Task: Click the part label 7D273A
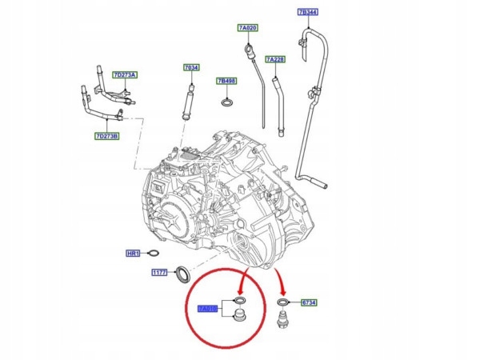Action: tap(125, 75)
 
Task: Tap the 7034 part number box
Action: tap(192, 68)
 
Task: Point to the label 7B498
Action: tap(226, 82)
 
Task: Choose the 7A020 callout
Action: tap(248, 28)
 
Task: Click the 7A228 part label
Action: tap(274, 59)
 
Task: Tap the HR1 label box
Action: tap(134, 254)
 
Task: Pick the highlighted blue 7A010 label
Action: tap(208, 308)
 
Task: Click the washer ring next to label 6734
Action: tap(284, 302)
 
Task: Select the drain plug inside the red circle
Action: tap(238, 318)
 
